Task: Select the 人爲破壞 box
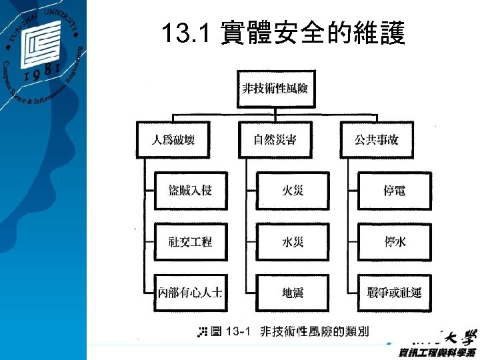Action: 173,139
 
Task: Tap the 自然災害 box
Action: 275,139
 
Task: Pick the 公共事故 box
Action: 376,139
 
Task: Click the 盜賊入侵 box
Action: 190,191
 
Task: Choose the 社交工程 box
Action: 190,242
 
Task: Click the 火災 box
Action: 292,191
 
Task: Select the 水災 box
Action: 292,242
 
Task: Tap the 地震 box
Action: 292,293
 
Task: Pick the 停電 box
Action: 394,191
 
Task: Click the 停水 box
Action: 394,242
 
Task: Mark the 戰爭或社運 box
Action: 394,293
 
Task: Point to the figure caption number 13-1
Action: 238,331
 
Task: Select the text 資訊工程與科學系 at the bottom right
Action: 437,351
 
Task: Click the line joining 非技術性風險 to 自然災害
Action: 275,115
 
